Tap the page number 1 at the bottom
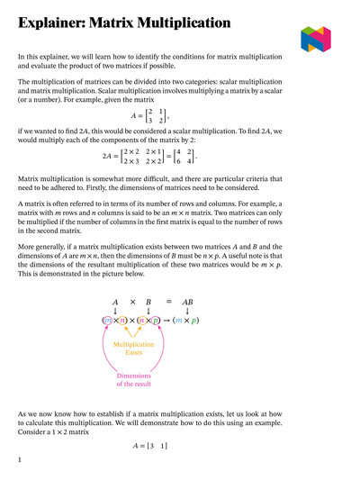(20, 460)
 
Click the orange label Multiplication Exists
(133, 348)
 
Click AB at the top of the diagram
(187, 303)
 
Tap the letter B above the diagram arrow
(148, 303)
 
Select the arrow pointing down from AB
(187, 312)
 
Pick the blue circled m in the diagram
(108, 322)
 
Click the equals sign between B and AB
(167, 303)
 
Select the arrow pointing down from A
(115, 312)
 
